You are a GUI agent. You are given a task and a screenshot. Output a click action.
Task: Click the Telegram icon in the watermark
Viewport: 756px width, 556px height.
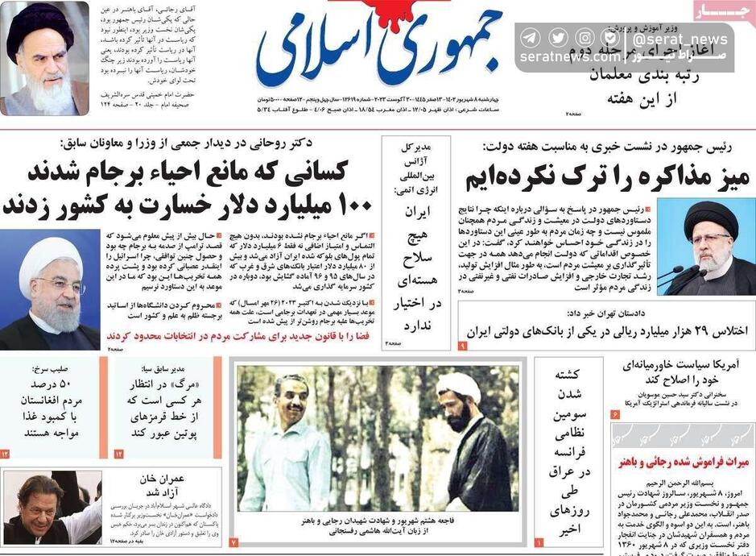click(530, 38)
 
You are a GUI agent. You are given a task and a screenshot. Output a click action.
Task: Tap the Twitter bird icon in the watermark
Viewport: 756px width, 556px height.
click(557, 38)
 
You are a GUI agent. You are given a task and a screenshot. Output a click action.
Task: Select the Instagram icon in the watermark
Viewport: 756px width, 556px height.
click(585, 38)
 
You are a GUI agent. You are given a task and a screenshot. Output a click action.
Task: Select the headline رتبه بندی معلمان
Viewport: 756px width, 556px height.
click(647, 77)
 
